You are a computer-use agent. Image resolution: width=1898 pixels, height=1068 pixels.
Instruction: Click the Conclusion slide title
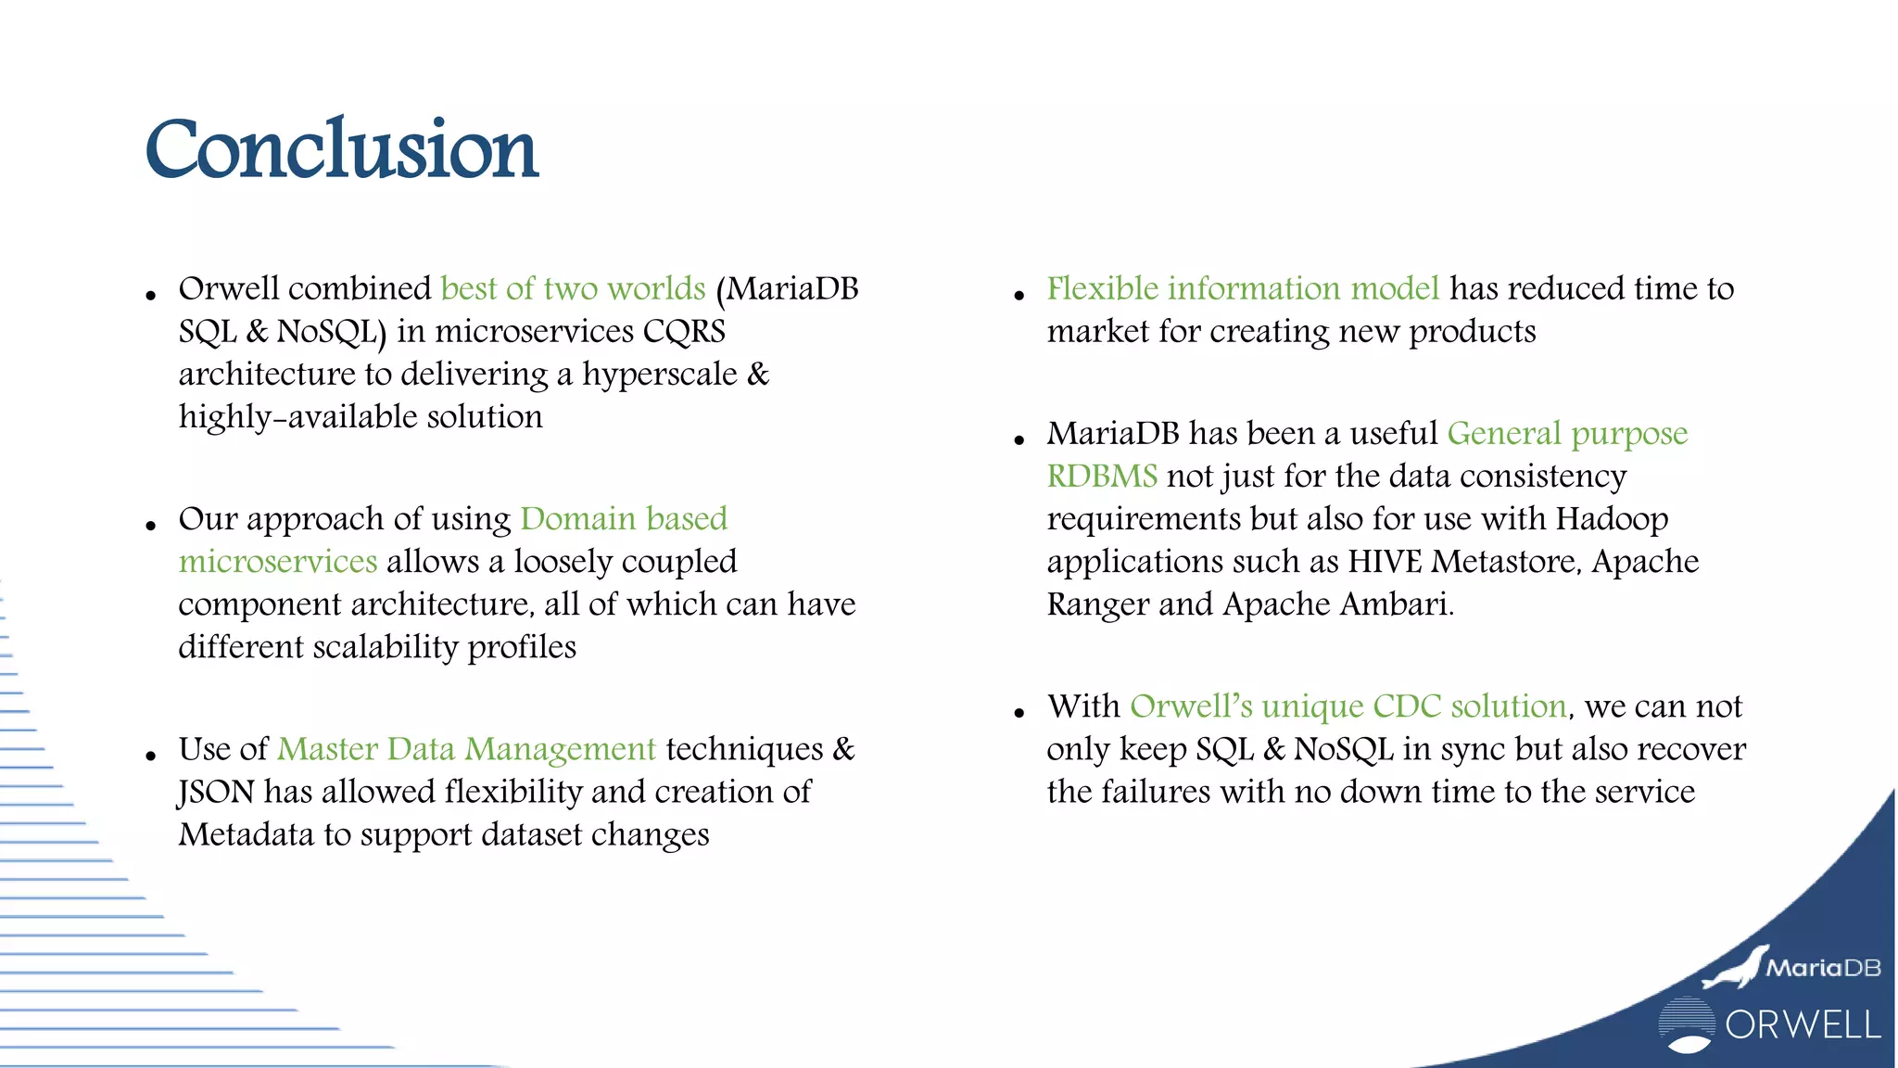(x=341, y=150)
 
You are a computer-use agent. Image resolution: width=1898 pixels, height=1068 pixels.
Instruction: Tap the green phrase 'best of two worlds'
(x=573, y=288)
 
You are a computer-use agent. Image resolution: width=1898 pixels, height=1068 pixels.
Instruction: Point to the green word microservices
(x=278, y=561)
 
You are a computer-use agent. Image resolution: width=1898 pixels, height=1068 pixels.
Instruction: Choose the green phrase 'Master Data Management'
(x=466, y=748)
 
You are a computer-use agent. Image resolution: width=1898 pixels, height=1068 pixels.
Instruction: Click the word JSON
(x=216, y=792)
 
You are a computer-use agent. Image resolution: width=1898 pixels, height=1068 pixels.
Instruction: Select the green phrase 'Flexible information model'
(x=1243, y=288)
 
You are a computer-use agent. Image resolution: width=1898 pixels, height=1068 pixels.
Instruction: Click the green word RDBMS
(x=1102, y=476)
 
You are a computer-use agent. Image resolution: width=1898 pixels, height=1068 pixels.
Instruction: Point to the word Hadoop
(x=1612, y=518)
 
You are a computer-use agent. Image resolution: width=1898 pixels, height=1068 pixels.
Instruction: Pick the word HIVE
(x=1385, y=562)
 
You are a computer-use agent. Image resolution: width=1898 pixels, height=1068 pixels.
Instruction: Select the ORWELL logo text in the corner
(x=1803, y=1025)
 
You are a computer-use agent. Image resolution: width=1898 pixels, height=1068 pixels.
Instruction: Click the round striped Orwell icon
(x=1686, y=1024)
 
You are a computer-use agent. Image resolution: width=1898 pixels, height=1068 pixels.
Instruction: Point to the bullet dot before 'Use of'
(x=151, y=756)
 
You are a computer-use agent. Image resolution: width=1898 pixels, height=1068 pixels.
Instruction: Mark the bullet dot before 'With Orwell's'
(x=1019, y=713)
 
